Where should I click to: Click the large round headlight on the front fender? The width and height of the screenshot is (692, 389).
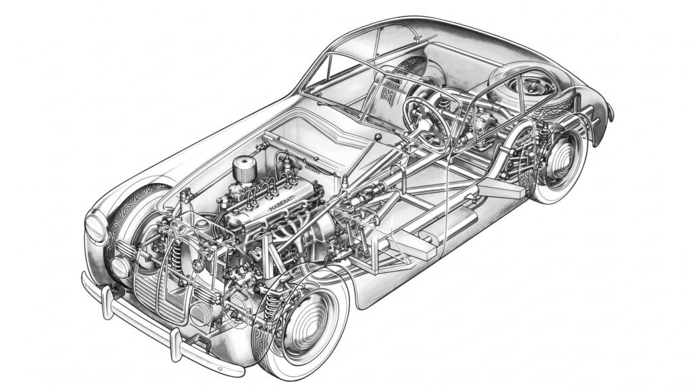coord(95,228)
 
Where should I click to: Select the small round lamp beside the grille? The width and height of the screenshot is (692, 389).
coord(120,267)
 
